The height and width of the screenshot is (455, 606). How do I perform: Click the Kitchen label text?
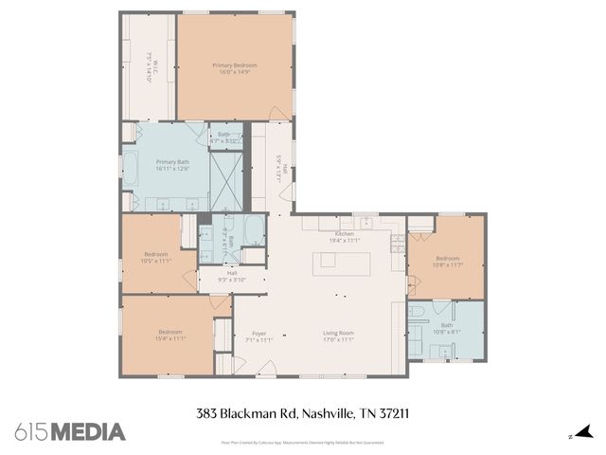pos(344,233)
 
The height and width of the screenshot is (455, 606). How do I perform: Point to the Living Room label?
pos(339,333)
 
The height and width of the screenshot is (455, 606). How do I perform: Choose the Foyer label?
pos(258,333)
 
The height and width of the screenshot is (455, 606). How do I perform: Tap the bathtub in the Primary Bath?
pos(132,169)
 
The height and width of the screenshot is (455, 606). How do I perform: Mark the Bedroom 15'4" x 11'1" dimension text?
pos(170,338)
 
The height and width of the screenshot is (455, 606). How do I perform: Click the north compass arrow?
pos(583,432)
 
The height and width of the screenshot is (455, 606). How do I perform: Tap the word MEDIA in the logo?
pos(87,432)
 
